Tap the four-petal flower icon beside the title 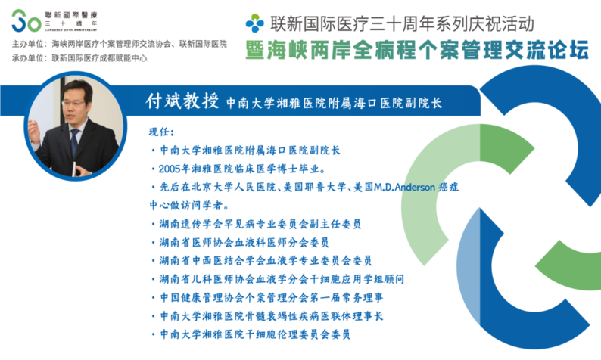(255, 23)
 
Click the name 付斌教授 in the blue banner (182, 101)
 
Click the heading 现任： (161, 132)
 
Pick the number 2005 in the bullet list (170, 169)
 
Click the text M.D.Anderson (404, 188)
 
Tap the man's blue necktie (74, 141)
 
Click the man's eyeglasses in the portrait (73, 104)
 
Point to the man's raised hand (34, 132)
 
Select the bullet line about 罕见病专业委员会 (256, 224)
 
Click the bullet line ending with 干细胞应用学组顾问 (278, 279)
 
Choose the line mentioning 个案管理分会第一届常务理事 (266, 297)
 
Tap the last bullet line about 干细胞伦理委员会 (251, 334)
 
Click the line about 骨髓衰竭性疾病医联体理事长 (266, 316)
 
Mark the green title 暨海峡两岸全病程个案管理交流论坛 (417, 51)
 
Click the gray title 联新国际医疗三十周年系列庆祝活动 (402, 23)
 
